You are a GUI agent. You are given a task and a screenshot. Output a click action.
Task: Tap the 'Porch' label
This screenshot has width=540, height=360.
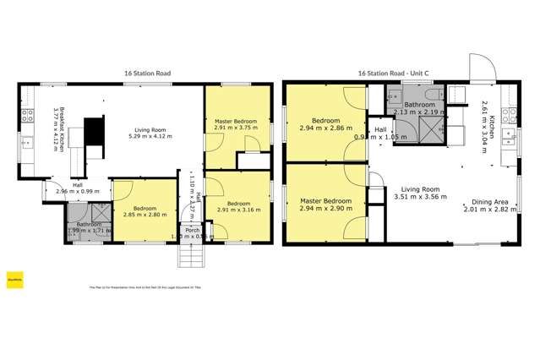193,229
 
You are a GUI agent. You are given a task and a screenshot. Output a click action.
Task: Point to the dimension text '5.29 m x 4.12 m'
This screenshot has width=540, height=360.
149,136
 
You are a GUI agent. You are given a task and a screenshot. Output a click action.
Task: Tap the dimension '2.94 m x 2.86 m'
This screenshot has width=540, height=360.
325,128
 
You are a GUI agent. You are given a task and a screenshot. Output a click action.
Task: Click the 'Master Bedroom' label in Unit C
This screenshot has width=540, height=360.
325,200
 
